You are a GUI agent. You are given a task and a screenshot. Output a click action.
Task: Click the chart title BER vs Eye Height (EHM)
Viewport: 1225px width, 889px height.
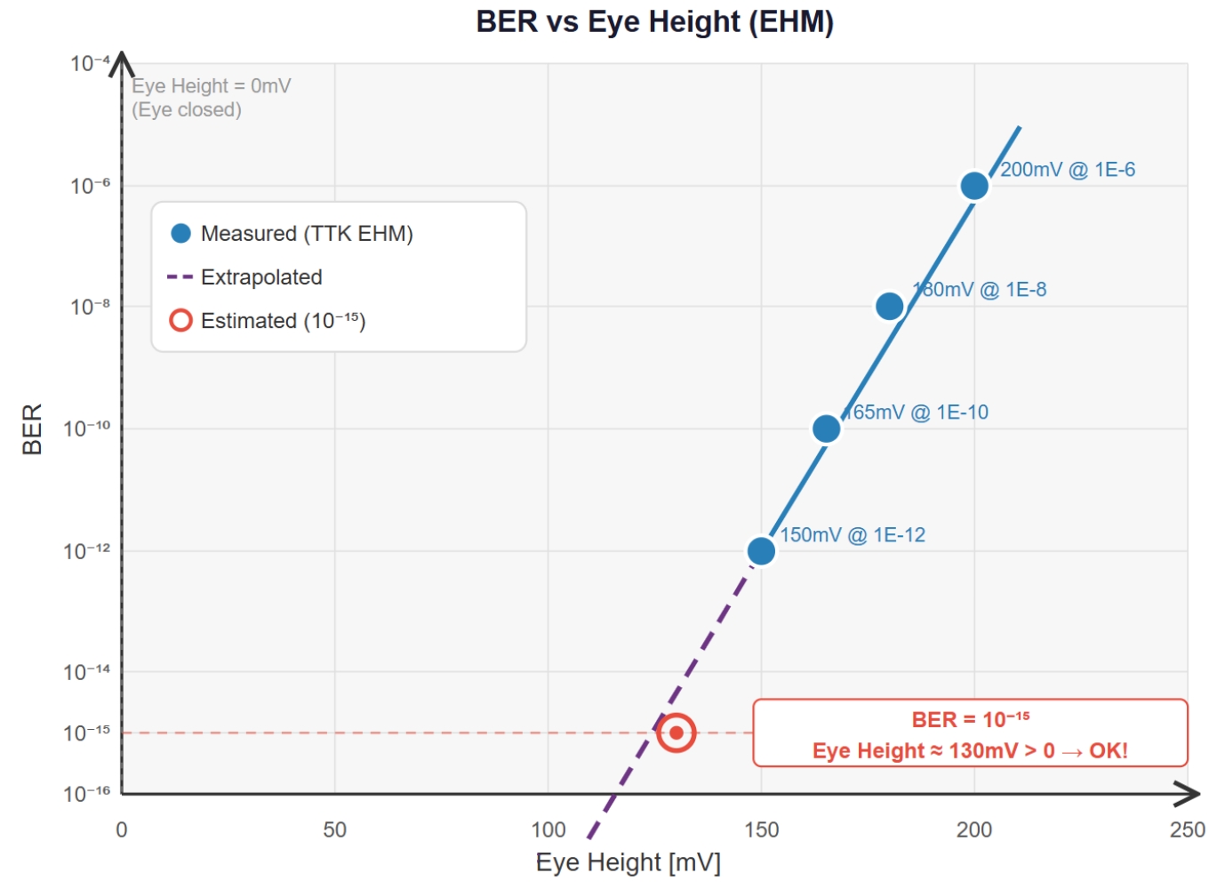click(x=655, y=21)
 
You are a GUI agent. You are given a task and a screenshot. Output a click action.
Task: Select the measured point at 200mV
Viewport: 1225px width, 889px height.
click(x=974, y=186)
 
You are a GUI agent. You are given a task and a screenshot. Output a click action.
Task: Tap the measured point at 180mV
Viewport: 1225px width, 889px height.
click(x=889, y=307)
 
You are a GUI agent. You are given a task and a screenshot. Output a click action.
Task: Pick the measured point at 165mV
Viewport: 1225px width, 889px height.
click(x=826, y=428)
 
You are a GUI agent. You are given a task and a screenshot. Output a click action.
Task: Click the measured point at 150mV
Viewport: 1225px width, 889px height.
click(x=761, y=551)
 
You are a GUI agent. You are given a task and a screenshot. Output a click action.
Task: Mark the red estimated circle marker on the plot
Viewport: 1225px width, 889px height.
click(x=676, y=733)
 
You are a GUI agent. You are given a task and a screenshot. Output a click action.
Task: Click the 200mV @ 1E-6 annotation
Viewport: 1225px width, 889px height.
click(x=1067, y=170)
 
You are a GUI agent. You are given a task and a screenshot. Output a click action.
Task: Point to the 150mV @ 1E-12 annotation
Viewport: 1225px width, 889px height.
click(x=853, y=535)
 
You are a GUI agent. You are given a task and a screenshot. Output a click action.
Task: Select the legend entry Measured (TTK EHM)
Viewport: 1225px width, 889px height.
click(x=306, y=234)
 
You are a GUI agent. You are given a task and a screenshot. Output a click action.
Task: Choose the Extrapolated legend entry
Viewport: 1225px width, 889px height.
click(x=260, y=277)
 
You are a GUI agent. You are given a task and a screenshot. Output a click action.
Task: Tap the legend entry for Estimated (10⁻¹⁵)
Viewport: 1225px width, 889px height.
click(x=282, y=321)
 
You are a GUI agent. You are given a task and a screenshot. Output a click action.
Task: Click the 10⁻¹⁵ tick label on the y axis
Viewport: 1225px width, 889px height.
click(x=87, y=733)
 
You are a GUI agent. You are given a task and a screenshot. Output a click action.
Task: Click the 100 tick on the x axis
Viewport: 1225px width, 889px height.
click(x=548, y=830)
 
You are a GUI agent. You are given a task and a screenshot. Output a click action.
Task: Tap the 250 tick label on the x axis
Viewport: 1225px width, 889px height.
click(x=1187, y=830)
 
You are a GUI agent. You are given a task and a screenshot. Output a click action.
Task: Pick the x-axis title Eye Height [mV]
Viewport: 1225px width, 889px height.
click(x=628, y=862)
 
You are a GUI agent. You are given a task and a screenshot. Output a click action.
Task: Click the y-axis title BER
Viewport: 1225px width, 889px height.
click(x=32, y=429)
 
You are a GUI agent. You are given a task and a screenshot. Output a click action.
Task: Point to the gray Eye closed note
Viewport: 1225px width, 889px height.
click(x=187, y=110)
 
